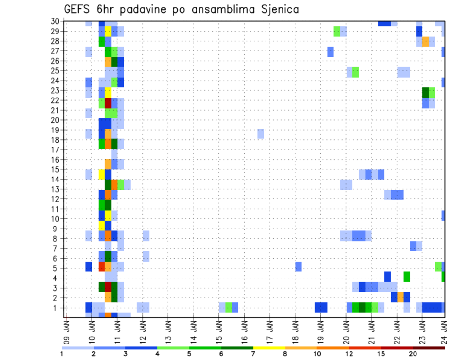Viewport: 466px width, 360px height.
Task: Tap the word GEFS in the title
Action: (78, 9)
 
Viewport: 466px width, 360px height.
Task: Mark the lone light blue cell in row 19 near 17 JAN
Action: (261, 133)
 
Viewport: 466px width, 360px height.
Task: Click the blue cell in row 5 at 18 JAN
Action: (299, 266)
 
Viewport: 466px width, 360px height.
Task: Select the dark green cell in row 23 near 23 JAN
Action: (425, 92)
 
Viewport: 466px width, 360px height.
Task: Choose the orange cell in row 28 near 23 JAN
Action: (425, 42)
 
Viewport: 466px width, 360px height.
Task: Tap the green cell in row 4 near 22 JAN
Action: (407, 277)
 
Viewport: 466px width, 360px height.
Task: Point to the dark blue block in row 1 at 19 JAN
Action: (320, 308)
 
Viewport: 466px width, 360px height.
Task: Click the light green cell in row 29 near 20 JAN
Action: (337, 32)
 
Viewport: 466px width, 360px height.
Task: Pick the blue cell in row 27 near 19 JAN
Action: (331, 51)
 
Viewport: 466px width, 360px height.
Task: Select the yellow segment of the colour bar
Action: (269, 348)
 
